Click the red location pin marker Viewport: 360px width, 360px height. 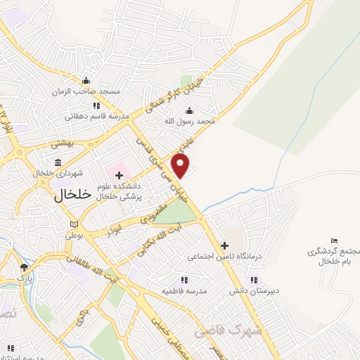tap(181, 166)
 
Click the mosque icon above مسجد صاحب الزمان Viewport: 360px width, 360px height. tap(86, 80)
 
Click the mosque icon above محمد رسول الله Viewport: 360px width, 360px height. tap(188, 110)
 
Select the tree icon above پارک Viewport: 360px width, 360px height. tap(24, 267)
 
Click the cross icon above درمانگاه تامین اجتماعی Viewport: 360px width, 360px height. tap(224, 245)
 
